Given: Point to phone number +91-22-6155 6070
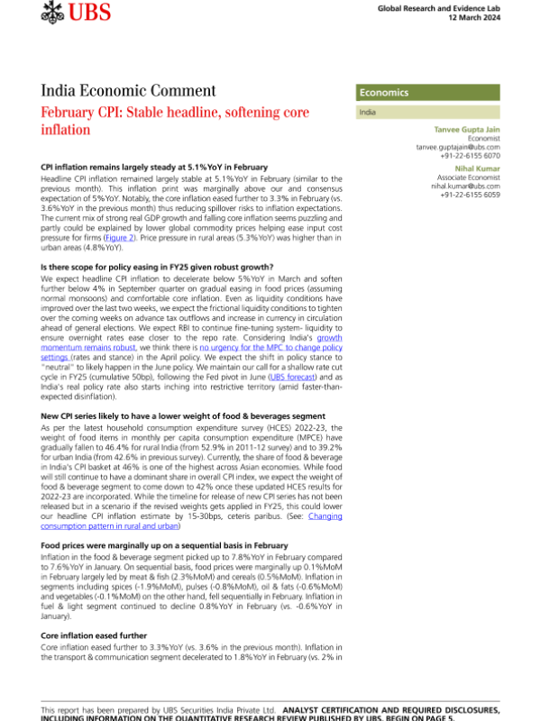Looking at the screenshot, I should [461, 155].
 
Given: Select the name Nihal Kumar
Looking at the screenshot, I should [470, 169].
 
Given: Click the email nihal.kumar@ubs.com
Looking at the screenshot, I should [459, 186].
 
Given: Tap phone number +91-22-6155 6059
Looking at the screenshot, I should [461, 195].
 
